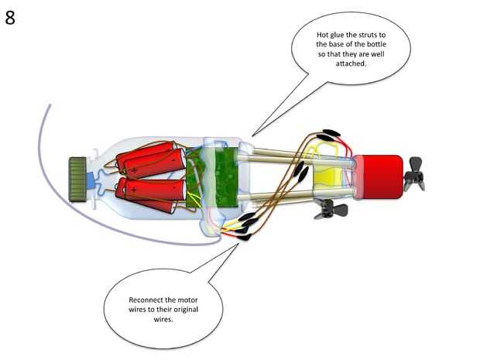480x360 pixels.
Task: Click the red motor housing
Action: pos(379,177)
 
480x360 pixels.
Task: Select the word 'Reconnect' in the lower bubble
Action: pos(145,300)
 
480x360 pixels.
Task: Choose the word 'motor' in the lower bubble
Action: pos(187,300)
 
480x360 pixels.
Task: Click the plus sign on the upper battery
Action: pos(133,168)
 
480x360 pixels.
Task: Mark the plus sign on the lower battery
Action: pos(133,189)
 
